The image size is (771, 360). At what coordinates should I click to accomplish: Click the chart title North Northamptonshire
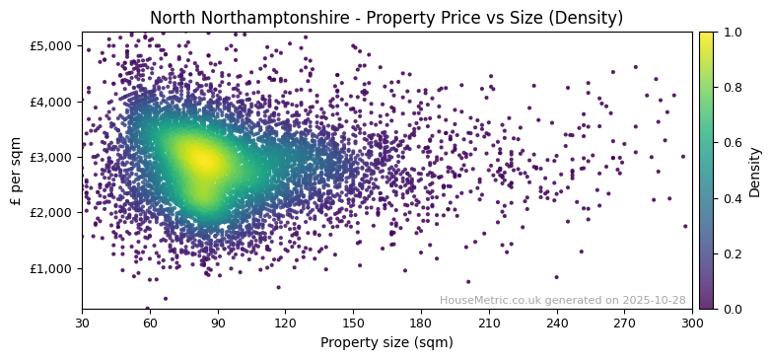(386, 18)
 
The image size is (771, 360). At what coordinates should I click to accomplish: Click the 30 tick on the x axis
(82, 323)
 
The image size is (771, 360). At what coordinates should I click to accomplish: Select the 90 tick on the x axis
(218, 323)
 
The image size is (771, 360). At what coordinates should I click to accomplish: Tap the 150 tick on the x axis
(353, 323)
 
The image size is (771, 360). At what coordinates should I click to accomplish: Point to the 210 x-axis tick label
(489, 323)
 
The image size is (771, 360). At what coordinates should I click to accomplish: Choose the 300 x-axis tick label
(692, 323)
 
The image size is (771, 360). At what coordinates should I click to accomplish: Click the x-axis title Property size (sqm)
(386, 342)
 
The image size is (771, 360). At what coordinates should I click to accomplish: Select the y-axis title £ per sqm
(17, 171)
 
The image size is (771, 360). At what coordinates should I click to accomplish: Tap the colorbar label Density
(754, 172)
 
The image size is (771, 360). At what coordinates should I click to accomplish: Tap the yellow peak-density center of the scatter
(201, 158)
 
